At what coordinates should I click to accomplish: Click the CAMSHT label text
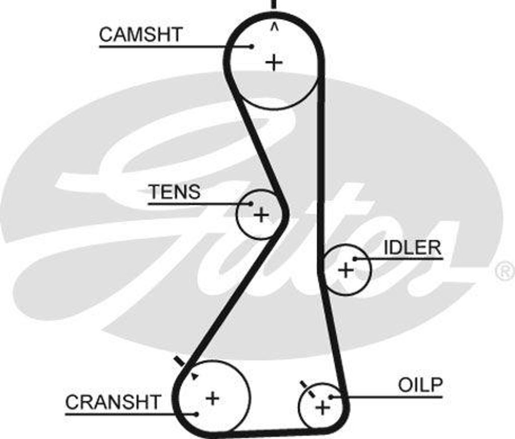pos(141,34)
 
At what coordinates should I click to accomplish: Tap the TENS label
pos(174,191)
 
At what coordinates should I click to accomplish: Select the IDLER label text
pos(412,247)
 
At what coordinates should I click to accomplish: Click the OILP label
pos(420,385)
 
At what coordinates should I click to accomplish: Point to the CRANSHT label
pos(113,402)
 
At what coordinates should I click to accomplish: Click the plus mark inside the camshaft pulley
pos(274,63)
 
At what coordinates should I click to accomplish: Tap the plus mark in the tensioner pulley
pos(261,215)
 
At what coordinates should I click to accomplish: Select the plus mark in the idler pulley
pos(346,270)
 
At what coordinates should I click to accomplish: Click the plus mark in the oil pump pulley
pos(322,407)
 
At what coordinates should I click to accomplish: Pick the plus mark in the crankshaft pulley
pos(213,398)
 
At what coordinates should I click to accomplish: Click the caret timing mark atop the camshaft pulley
pos(274,27)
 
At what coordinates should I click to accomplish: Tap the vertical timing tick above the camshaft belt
pos(274,5)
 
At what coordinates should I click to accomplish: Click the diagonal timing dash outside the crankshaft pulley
pos(179,361)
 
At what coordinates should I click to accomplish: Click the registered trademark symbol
pos(504,271)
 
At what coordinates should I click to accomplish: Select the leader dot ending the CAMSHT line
pos(251,47)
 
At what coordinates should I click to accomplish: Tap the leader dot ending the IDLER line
pos(355,259)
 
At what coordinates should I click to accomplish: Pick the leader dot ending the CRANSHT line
pos(197,414)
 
